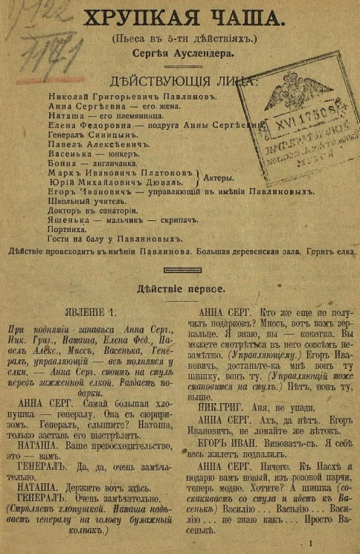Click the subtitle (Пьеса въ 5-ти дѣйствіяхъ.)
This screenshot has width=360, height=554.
(179, 39)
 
